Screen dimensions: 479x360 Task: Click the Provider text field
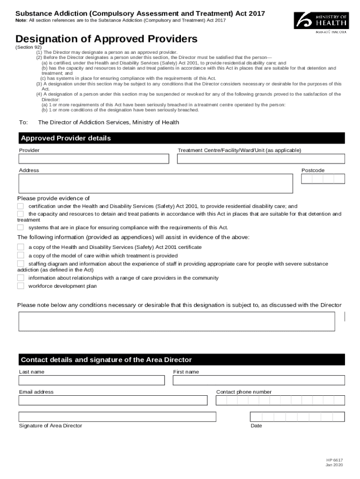point(94,159)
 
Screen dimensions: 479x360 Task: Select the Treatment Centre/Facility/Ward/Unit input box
point(261,159)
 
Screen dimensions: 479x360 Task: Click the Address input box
point(156,184)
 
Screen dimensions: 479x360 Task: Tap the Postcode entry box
point(323,179)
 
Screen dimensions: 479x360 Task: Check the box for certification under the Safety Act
point(21,206)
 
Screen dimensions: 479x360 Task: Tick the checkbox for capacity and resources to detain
point(21,214)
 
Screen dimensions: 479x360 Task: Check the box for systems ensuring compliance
point(21,227)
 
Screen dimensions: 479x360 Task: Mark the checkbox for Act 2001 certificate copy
point(21,247)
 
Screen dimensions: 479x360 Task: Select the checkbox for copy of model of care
point(21,255)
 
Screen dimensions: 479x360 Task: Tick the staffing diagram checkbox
point(21,264)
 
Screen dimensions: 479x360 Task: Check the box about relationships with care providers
point(21,277)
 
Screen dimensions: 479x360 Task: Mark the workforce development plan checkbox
point(21,286)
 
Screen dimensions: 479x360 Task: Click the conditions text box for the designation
point(177,321)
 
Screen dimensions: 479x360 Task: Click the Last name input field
point(92,380)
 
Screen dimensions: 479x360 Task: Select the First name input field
point(259,380)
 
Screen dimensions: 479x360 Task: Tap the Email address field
point(113,400)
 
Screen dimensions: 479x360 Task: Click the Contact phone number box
point(280,400)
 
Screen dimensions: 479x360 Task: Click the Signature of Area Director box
point(117,417)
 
